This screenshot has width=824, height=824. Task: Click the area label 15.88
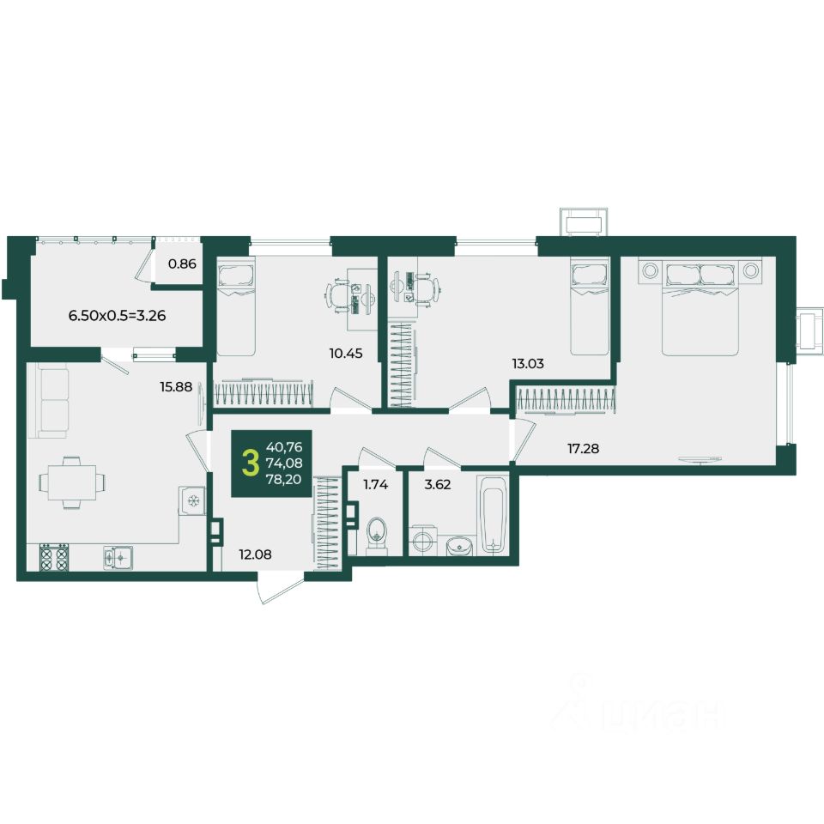pos(176,387)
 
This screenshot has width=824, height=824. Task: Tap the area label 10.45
pos(346,353)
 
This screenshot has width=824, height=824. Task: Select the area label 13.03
pos(528,363)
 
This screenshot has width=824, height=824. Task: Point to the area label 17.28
pos(583,448)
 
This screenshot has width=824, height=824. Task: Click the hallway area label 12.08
pos(256,554)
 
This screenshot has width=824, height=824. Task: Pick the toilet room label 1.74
pos(376,484)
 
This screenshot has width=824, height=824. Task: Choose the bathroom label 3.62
pos(438,484)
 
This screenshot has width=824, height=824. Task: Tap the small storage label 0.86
pos(182,264)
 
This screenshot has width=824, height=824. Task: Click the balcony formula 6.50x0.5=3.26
pos(118,315)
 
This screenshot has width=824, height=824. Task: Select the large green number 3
pos(251,463)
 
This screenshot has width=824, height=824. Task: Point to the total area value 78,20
pos(284,479)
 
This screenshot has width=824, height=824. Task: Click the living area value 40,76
pos(284,447)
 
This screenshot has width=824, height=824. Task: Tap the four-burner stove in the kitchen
pos(54,557)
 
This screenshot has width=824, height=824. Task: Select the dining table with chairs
pos(72,482)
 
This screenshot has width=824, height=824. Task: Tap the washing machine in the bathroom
pos(421,540)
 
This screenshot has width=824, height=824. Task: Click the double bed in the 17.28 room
pos(700,307)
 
